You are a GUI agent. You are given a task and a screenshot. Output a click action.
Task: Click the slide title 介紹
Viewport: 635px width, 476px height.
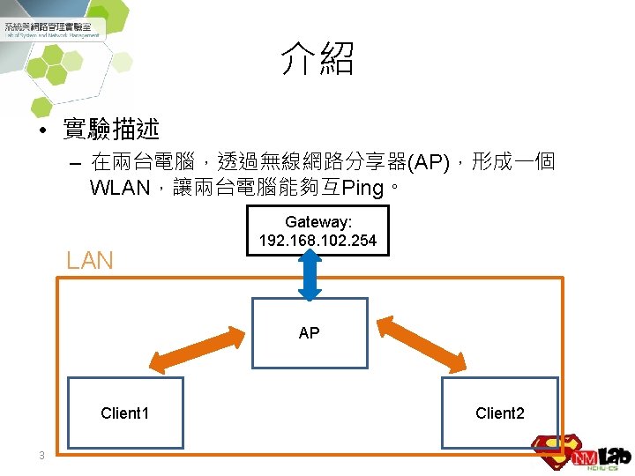click(x=317, y=60)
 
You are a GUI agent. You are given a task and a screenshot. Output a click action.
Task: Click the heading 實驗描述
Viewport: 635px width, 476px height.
click(x=111, y=130)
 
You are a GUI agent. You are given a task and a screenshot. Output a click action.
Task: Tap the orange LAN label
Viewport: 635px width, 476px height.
click(x=90, y=260)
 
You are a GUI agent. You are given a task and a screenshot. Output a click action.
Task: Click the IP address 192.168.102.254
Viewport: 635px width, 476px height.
click(x=317, y=241)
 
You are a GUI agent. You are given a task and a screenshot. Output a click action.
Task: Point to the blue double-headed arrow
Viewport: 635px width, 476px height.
click(x=310, y=275)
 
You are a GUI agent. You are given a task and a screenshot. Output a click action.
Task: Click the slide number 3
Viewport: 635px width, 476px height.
click(x=41, y=456)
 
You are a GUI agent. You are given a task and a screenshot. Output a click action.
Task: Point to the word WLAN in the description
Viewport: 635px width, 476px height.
click(x=118, y=189)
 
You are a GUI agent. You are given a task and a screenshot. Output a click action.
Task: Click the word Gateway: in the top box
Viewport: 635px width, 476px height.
click(x=317, y=223)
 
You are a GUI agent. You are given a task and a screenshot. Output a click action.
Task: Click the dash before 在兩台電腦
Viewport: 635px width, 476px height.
click(x=73, y=164)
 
